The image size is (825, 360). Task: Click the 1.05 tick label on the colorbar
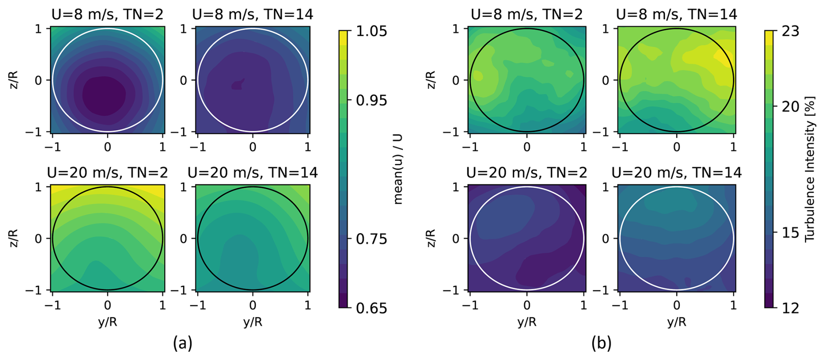(x=371, y=31)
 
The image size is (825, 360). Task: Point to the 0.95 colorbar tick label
(x=371, y=100)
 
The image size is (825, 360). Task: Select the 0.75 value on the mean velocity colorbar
(x=371, y=239)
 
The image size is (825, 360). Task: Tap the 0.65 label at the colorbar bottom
(x=371, y=308)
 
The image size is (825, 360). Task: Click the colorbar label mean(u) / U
(x=398, y=169)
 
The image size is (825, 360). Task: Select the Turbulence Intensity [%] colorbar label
(x=810, y=169)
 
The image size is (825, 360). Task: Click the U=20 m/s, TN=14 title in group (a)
(x=252, y=173)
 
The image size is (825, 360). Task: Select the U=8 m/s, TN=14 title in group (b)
(x=676, y=14)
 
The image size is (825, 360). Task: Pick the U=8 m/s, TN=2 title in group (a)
(x=107, y=14)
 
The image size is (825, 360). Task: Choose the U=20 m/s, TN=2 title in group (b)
(x=527, y=173)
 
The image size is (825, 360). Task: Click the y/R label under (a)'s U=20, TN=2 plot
(x=107, y=322)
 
